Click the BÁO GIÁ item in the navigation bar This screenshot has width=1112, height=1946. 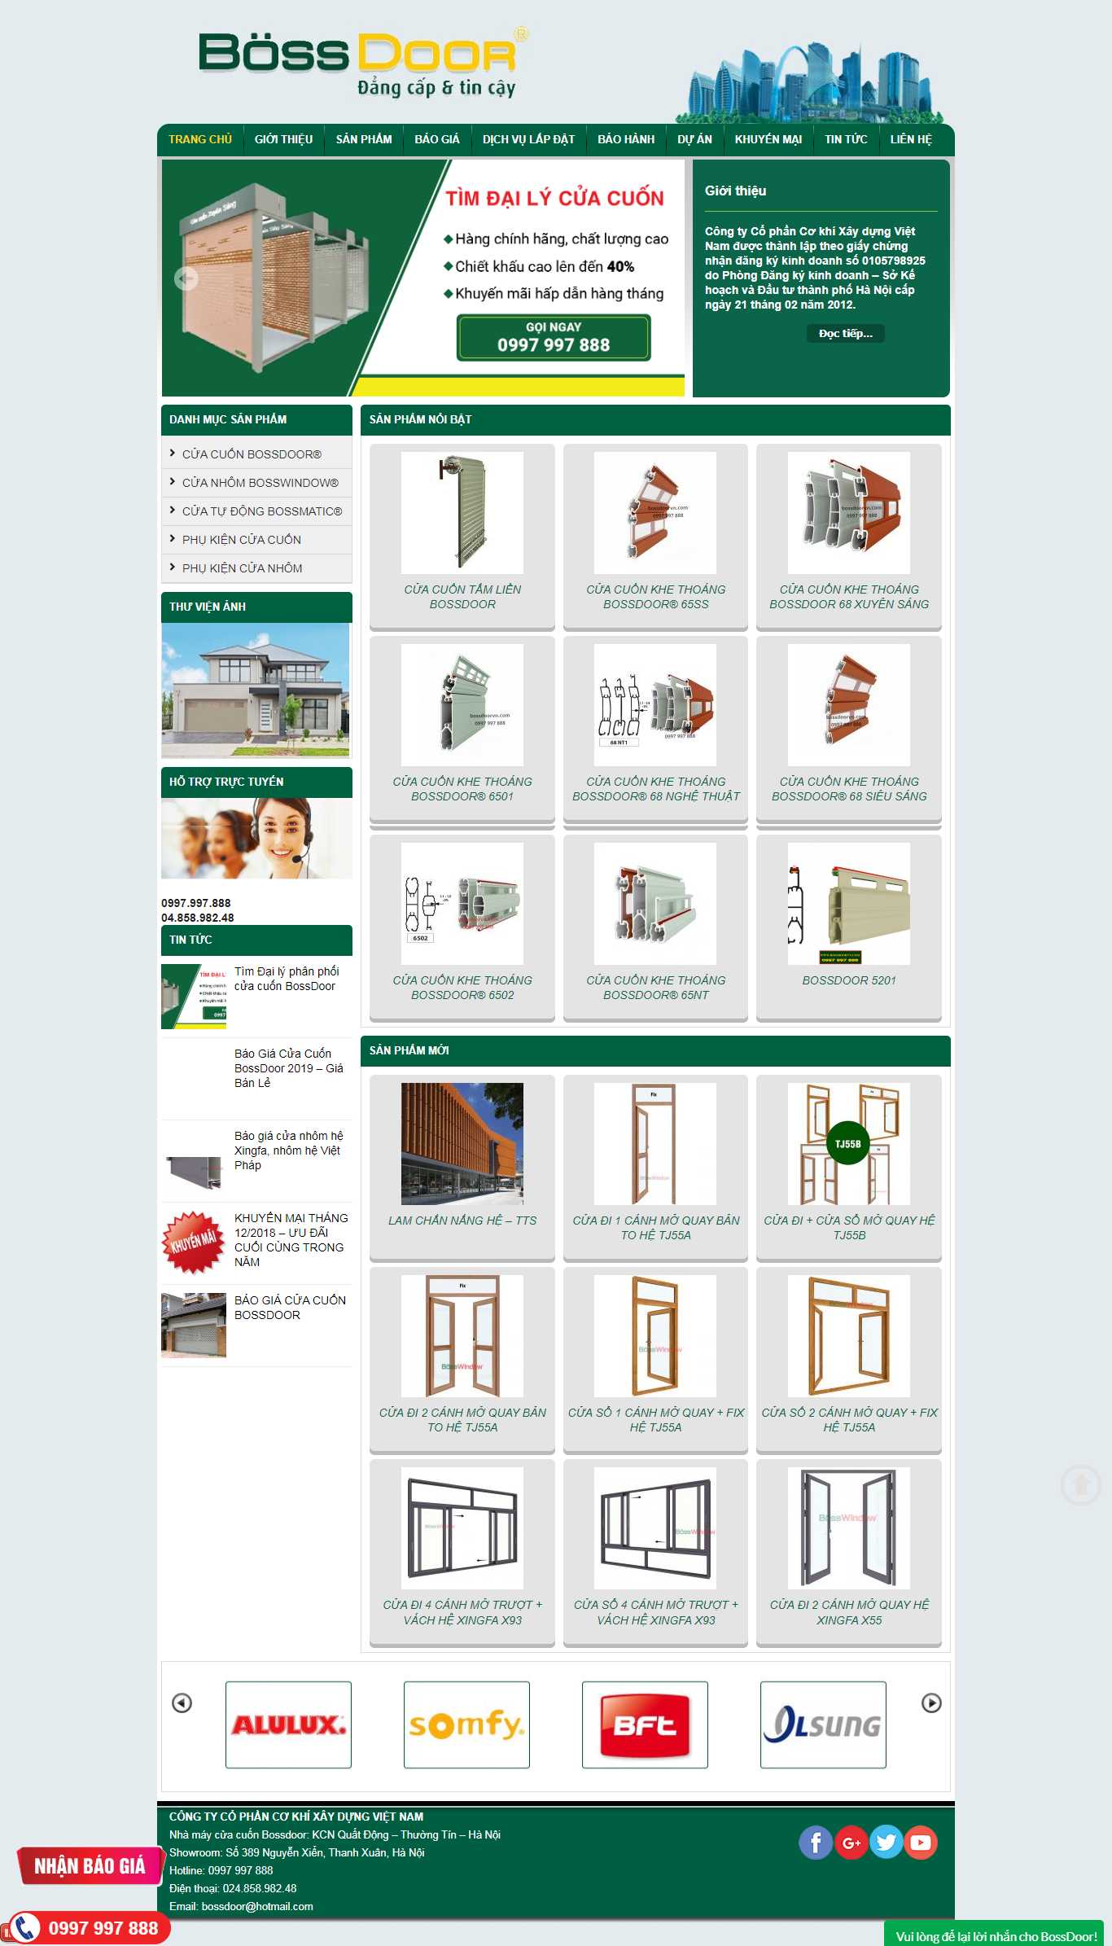(x=437, y=139)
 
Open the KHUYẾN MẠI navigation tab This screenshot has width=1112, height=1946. (x=768, y=139)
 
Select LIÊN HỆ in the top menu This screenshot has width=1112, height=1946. (x=910, y=139)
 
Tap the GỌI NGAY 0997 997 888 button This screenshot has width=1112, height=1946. (x=554, y=337)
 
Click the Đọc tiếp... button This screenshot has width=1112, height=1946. (x=845, y=334)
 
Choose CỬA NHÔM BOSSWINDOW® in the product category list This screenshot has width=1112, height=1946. (x=260, y=483)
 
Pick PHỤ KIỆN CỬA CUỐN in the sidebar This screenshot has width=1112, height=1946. (x=241, y=540)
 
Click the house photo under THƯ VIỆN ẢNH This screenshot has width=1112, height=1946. (x=256, y=690)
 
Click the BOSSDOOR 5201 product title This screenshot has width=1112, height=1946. (x=848, y=980)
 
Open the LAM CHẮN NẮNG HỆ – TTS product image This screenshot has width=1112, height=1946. (x=462, y=1143)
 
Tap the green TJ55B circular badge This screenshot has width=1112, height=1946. (x=847, y=1144)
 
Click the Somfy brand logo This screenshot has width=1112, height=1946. (x=466, y=1725)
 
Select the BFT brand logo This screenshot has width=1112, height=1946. (x=645, y=1725)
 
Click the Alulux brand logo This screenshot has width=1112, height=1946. (x=288, y=1725)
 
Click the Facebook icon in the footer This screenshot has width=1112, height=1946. (x=815, y=1842)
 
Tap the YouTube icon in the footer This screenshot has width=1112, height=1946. (x=921, y=1842)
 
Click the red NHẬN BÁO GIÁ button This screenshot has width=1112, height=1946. (x=90, y=1866)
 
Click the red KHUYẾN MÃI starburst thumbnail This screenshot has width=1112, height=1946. (x=194, y=1243)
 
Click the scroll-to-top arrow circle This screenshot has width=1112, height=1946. (x=1081, y=1484)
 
